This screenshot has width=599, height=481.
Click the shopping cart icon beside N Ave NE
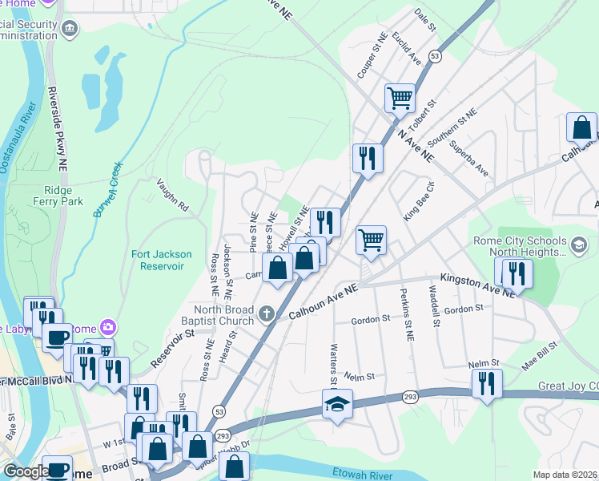400,99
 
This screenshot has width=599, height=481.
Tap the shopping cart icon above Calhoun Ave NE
371,239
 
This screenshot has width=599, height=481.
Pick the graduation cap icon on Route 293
337,404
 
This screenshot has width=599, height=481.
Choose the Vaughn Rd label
171,194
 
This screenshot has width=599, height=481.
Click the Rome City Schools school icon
579,242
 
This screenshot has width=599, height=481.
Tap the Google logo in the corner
26,472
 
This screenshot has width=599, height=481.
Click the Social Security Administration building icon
70,30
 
